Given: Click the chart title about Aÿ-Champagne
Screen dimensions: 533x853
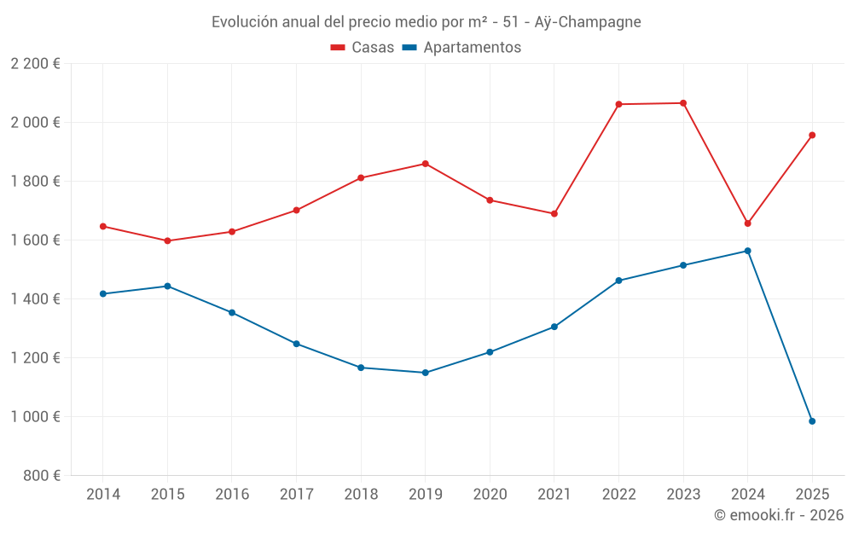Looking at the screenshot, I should (426, 21).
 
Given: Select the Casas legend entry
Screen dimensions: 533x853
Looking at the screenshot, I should (363, 48).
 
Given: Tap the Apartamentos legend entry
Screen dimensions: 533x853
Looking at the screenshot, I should (461, 48).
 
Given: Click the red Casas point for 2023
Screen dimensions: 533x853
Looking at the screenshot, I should (683, 103).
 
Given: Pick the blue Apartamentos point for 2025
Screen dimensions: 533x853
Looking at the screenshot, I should (812, 421).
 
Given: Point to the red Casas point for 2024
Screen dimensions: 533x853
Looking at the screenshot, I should (748, 223).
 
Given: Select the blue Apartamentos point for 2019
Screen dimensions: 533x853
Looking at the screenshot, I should (426, 373).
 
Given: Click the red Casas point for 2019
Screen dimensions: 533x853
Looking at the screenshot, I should (426, 164).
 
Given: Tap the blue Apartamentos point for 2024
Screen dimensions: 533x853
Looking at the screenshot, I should (748, 251).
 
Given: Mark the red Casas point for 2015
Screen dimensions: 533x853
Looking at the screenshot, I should (167, 240).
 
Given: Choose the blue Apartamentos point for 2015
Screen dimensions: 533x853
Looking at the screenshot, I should (167, 286).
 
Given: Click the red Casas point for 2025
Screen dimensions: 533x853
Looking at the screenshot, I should (812, 135).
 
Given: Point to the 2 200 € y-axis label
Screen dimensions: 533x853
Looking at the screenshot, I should (35, 64).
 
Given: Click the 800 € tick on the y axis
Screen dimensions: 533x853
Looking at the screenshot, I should (44, 476).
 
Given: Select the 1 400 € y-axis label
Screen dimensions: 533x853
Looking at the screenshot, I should (35, 299).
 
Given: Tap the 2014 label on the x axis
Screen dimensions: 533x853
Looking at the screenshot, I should (103, 495).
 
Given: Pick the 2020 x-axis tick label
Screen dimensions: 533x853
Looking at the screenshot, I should (490, 495).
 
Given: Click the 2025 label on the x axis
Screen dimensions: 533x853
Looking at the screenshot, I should (812, 495).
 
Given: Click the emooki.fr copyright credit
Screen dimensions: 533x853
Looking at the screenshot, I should (778, 515).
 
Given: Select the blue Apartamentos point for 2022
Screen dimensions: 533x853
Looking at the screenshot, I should (619, 281).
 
